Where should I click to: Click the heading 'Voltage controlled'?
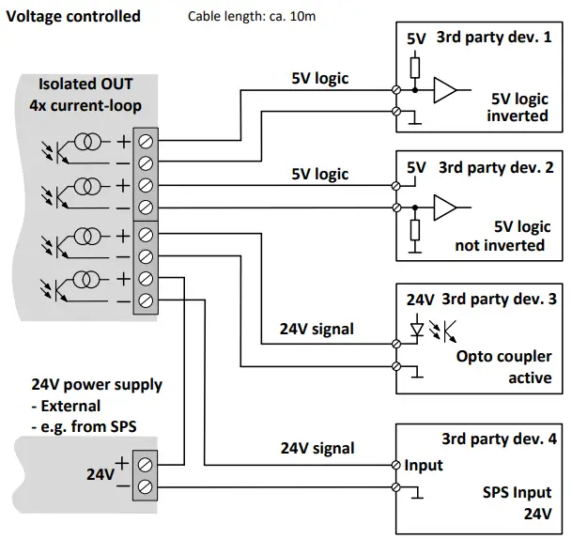point(74,16)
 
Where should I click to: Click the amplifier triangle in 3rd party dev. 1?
point(444,91)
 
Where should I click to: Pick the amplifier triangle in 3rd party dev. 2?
point(444,207)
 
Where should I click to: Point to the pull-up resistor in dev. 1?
point(414,66)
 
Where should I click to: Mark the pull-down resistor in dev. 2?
point(414,231)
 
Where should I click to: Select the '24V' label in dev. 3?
point(420,300)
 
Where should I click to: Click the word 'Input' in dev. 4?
point(424,466)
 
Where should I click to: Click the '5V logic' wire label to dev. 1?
point(319,79)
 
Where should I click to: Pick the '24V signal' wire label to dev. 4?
point(317,448)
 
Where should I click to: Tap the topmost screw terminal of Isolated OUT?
point(146,142)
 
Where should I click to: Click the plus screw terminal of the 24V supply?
point(146,464)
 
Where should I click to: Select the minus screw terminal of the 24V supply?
point(146,486)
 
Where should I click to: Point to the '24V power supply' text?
point(97,385)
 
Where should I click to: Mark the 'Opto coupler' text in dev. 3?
point(502,357)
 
